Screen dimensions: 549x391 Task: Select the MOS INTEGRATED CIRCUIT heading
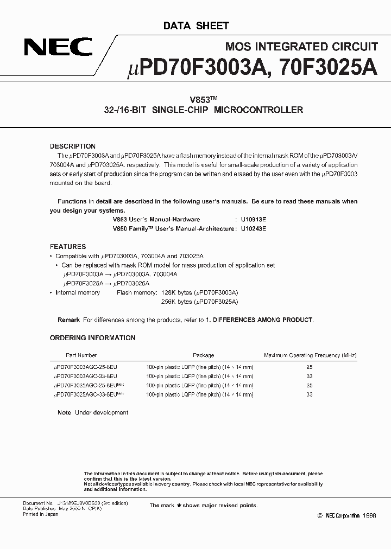point(301,47)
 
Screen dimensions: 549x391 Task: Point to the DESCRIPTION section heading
point(73,146)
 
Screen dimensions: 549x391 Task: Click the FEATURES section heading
point(68,246)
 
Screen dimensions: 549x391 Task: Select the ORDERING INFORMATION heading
point(93,338)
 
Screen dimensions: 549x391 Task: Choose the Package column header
point(204,355)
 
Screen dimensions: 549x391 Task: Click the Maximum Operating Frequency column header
point(310,355)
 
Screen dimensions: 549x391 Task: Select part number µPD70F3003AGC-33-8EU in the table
point(85,375)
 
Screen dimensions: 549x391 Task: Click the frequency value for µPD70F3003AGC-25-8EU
point(310,367)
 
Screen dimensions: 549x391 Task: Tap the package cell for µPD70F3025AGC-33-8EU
point(199,394)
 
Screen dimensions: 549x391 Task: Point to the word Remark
point(69,320)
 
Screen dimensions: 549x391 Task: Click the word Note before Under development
point(64,413)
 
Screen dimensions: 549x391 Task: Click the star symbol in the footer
point(178,506)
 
